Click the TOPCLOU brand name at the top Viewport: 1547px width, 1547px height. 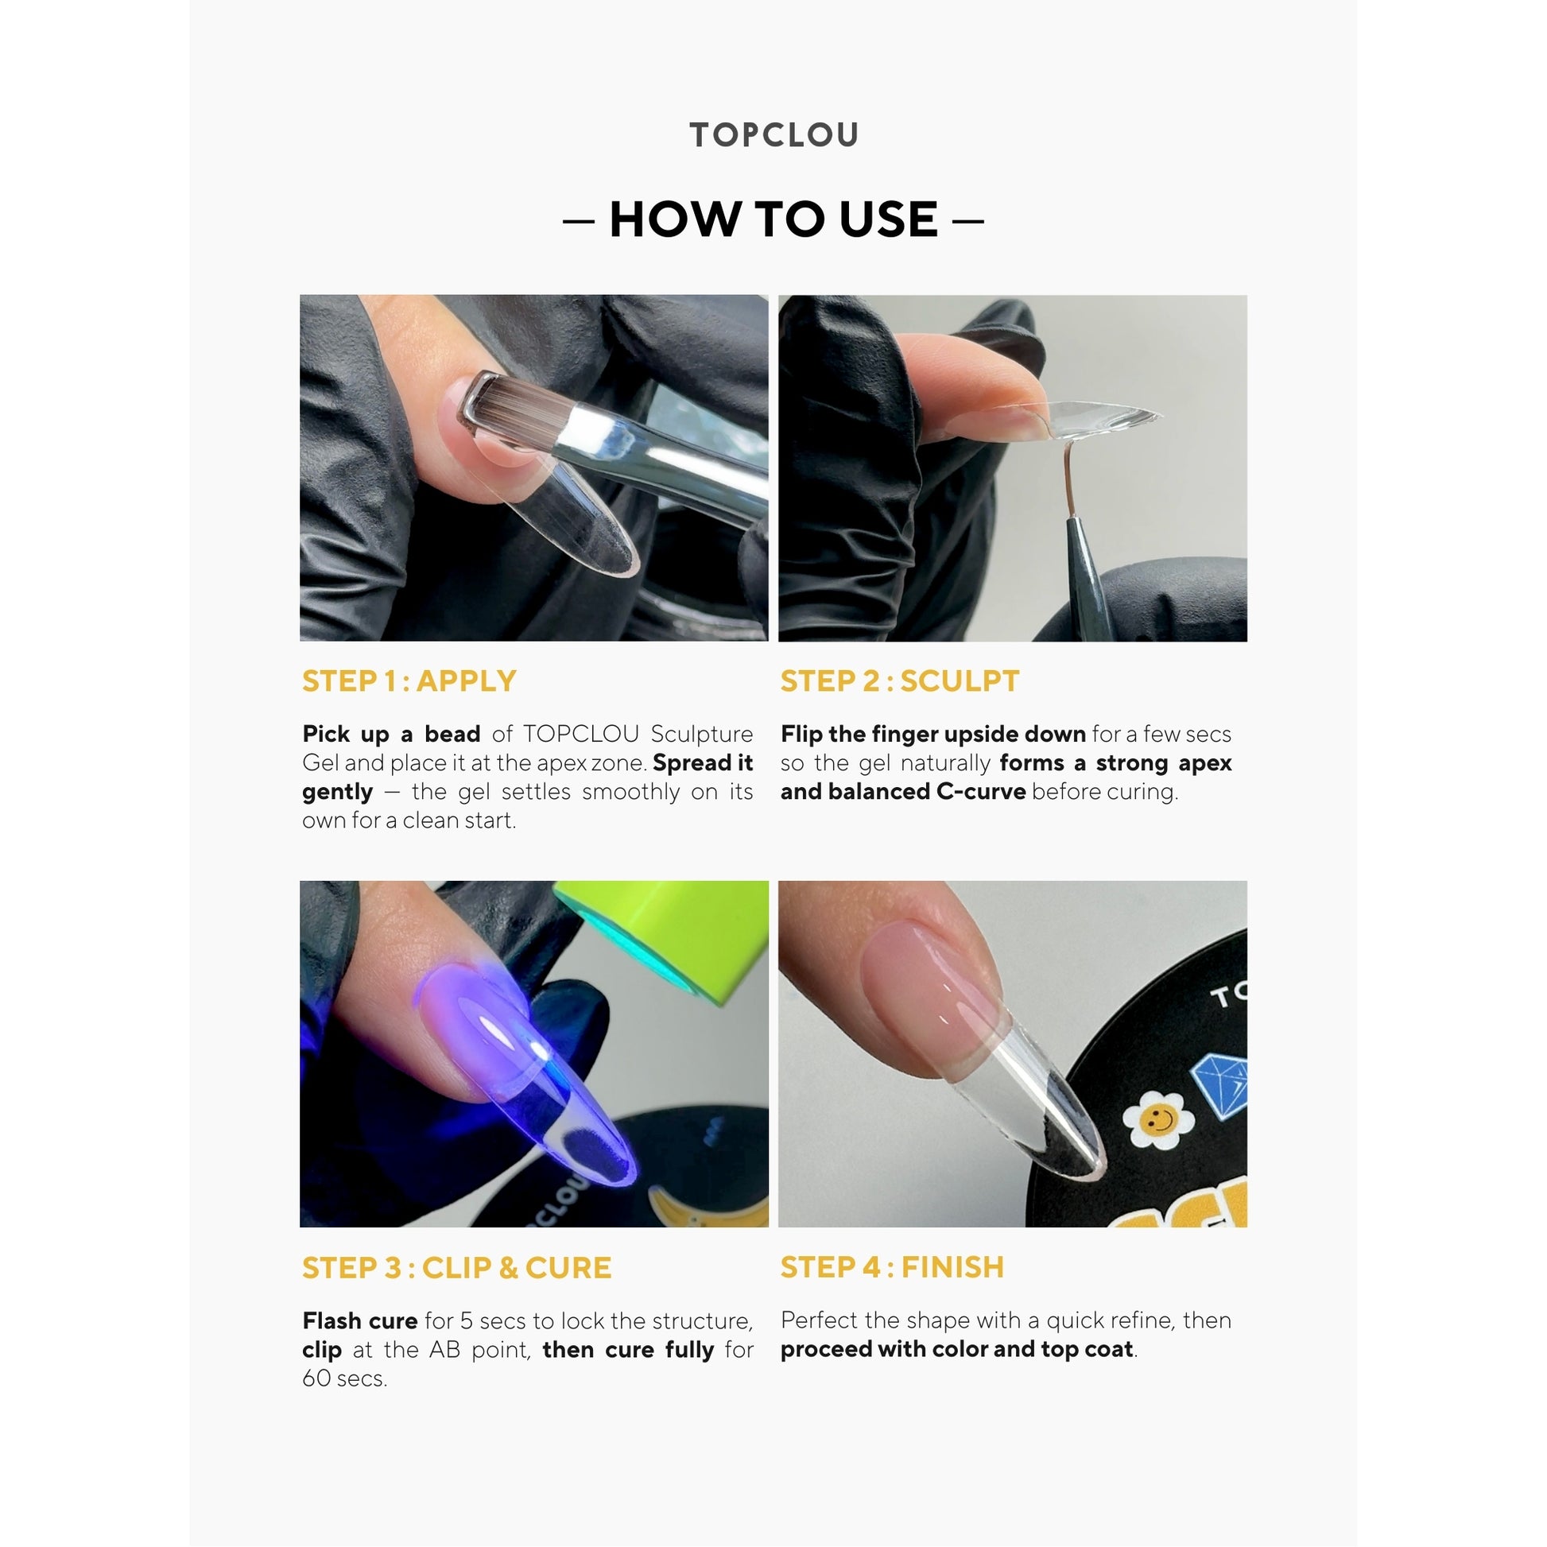pyautogui.click(x=773, y=134)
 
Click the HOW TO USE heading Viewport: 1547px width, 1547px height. pyautogui.click(x=773, y=219)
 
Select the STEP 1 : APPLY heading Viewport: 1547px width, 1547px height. pyautogui.click(x=409, y=680)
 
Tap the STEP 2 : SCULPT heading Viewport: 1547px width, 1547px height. pyautogui.click(x=900, y=680)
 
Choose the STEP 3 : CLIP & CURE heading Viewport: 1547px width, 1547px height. pyautogui.click(x=456, y=1267)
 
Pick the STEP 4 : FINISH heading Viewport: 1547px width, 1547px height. pyautogui.click(x=892, y=1266)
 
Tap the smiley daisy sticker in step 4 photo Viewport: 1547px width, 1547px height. pyautogui.click(x=1157, y=1119)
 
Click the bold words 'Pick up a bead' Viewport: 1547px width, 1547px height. pyautogui.click(x=392, y=735)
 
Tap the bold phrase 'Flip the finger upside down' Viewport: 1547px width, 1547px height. pyautogui.click(x=933, y=735)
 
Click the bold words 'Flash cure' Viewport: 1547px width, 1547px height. pyautogui.click(x=360, y=1320)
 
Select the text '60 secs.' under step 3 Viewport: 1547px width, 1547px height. pyautogui.click(x=345, y=1378)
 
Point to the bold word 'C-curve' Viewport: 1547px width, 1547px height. pyautogui.click(x=981, y=791)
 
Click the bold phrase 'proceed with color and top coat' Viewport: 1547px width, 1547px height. pyautogui.click(x=957, y=1349)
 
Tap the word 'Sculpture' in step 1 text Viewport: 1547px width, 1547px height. pyautogui.click(x=701, y=735)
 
